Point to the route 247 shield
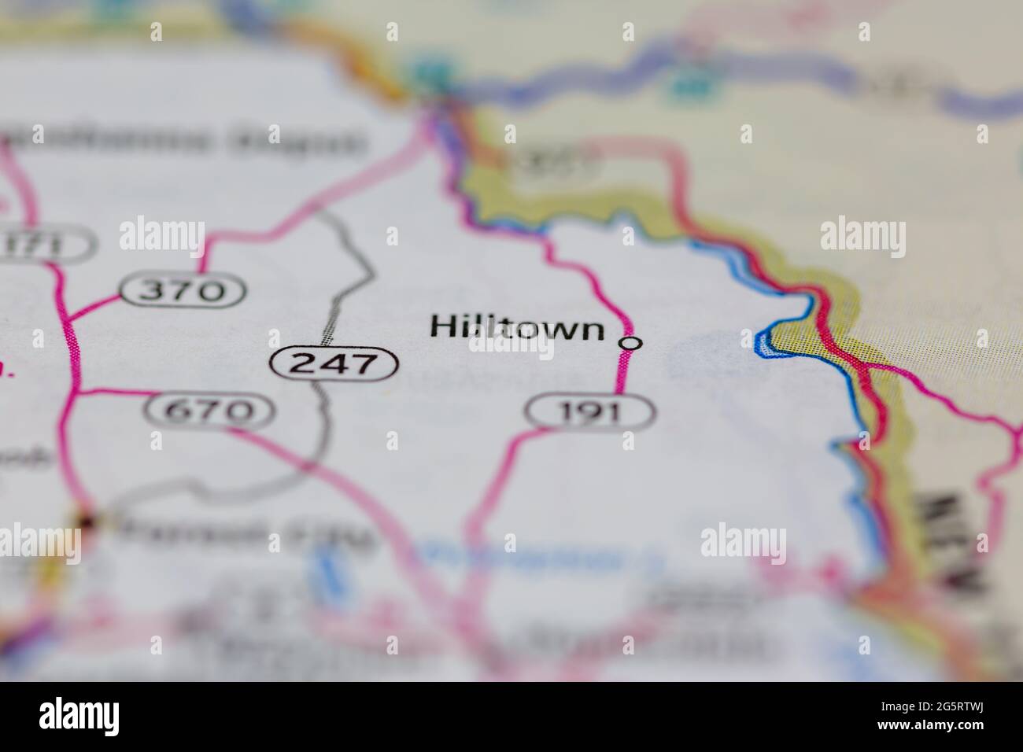(334, 363)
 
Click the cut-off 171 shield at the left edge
(43, 245)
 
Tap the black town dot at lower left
(87, 520)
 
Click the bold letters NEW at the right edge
(957, 543)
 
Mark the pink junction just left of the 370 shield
(68, 318)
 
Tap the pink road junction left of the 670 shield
(76, 391)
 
